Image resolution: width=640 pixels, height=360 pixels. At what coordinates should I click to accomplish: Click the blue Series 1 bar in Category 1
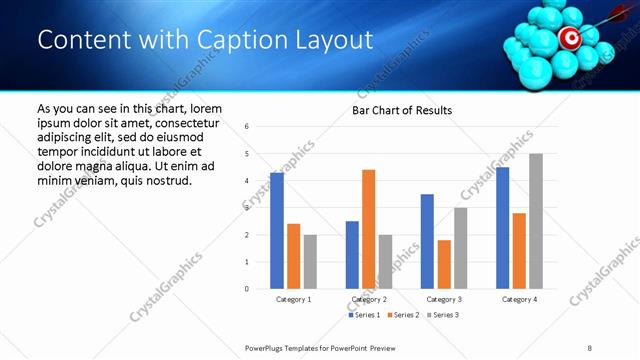point(277,231)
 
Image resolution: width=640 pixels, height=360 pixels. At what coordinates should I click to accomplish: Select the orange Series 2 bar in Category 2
point(368,229)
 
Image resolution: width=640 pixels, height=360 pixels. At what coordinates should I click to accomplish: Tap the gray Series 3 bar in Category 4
point(536,221)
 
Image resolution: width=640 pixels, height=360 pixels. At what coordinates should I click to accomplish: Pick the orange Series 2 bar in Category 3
point(444,264)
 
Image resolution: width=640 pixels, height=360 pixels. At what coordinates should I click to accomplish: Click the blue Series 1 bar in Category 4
point(502,228)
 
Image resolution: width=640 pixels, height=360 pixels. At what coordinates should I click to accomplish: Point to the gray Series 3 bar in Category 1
point(310,262)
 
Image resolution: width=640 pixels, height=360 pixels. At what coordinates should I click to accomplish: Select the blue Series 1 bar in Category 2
point(352,255)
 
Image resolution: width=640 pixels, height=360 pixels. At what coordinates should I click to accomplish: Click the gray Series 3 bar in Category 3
point(460,248)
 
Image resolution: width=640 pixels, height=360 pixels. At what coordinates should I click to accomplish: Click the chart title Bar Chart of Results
point(402,110)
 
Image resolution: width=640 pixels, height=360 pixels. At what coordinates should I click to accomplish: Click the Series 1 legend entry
point(362,315)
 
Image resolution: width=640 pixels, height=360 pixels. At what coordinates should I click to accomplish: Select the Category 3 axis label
point(443,299)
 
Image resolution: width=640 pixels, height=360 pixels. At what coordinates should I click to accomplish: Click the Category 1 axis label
point(293,299)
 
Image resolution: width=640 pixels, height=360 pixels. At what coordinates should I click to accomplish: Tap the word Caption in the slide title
point(240,39)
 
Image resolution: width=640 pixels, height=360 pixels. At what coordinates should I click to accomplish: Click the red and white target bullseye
point(568,38)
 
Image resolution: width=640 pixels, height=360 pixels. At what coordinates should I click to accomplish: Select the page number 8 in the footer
point(590,347)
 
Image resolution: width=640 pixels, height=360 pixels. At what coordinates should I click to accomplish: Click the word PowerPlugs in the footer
point(265,347)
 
